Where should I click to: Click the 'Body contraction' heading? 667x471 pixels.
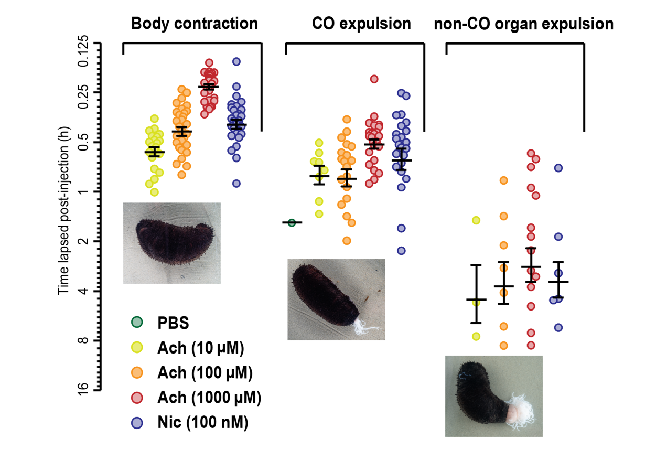pos(194,24)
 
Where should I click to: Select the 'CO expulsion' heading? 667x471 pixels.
pos(361,24)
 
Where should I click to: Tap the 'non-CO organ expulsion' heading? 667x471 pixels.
pos(523,24)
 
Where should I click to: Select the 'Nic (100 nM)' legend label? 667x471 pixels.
pos(202,423)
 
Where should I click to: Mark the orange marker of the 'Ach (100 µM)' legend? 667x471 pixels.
pos(137,372)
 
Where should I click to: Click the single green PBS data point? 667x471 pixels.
pos(292,223)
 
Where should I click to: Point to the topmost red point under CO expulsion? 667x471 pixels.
pos(374,79)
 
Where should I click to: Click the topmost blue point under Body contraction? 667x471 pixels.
pos(236,61)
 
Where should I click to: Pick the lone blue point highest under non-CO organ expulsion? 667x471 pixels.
pos(558,168)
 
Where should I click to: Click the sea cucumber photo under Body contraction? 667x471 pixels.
pos(171,242)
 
